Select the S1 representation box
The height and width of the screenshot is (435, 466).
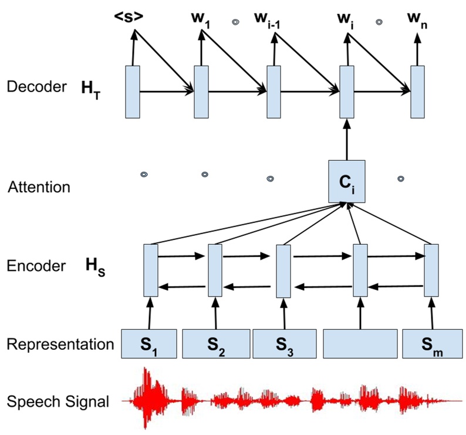150,344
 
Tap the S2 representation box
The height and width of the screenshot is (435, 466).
216,344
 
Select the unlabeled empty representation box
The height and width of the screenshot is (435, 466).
359,344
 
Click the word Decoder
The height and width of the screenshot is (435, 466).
36,87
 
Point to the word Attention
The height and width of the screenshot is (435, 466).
39,188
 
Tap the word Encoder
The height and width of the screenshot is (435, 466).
36,265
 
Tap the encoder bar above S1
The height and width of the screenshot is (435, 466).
151,270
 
